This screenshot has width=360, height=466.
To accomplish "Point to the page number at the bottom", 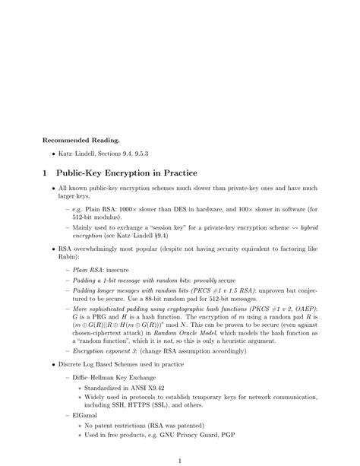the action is click(180, 461).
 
